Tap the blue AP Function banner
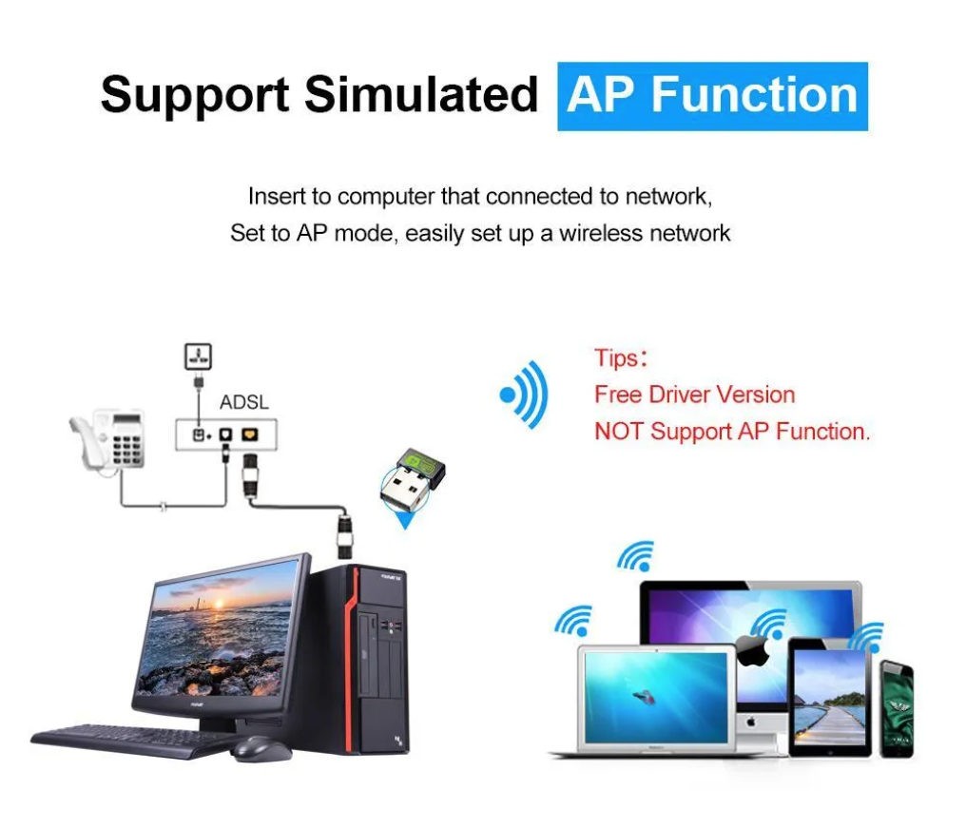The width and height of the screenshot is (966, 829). click(x=712, y=96)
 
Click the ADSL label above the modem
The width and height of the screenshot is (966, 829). click(x=243, y=402)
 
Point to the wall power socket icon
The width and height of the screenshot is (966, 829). click(x=198, y=357)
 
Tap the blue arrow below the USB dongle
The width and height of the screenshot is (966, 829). click(x=406, y=518)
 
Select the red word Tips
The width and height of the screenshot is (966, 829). click(x=616, y=358)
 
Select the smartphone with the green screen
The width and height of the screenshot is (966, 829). click(x=896, y=708)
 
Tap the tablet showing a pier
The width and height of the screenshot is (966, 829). click(x=829, y=698)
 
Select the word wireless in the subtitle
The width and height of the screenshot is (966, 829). click(x=595, y=233)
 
